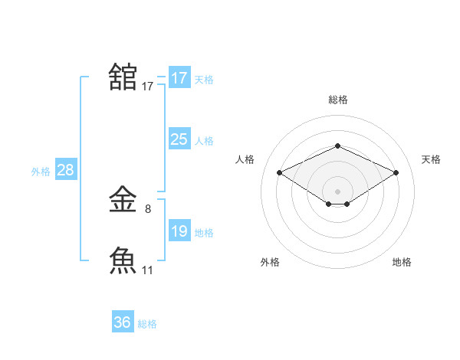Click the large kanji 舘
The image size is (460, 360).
tap(123, 77)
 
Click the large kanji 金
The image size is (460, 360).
tap(123, 201)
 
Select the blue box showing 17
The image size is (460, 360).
tap(179, 78)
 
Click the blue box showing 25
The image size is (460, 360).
tap(179, 139)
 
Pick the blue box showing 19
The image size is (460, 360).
tap(179, 231)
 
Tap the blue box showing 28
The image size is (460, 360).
tap(65, 170)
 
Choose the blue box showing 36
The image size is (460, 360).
tap(123, 322)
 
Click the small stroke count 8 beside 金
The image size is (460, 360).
tap(148, 208)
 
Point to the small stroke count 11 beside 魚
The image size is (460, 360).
tap(148, 270)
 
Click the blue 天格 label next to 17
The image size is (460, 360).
tap(204, 79)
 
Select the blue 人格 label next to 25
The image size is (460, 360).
tap(204, 140)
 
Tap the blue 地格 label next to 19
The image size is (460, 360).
tap(204, 232)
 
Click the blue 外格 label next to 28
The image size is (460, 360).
tap(41, 172)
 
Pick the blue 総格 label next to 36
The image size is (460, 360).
tap(147, 324)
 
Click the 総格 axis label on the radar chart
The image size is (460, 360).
tap(337, 100)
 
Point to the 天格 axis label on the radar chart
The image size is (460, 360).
tap(431, 159)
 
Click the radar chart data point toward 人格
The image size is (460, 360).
tap(280, 173)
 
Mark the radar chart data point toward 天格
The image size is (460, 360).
tap(396, 173)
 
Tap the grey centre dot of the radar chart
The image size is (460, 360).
tap(337, 191)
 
